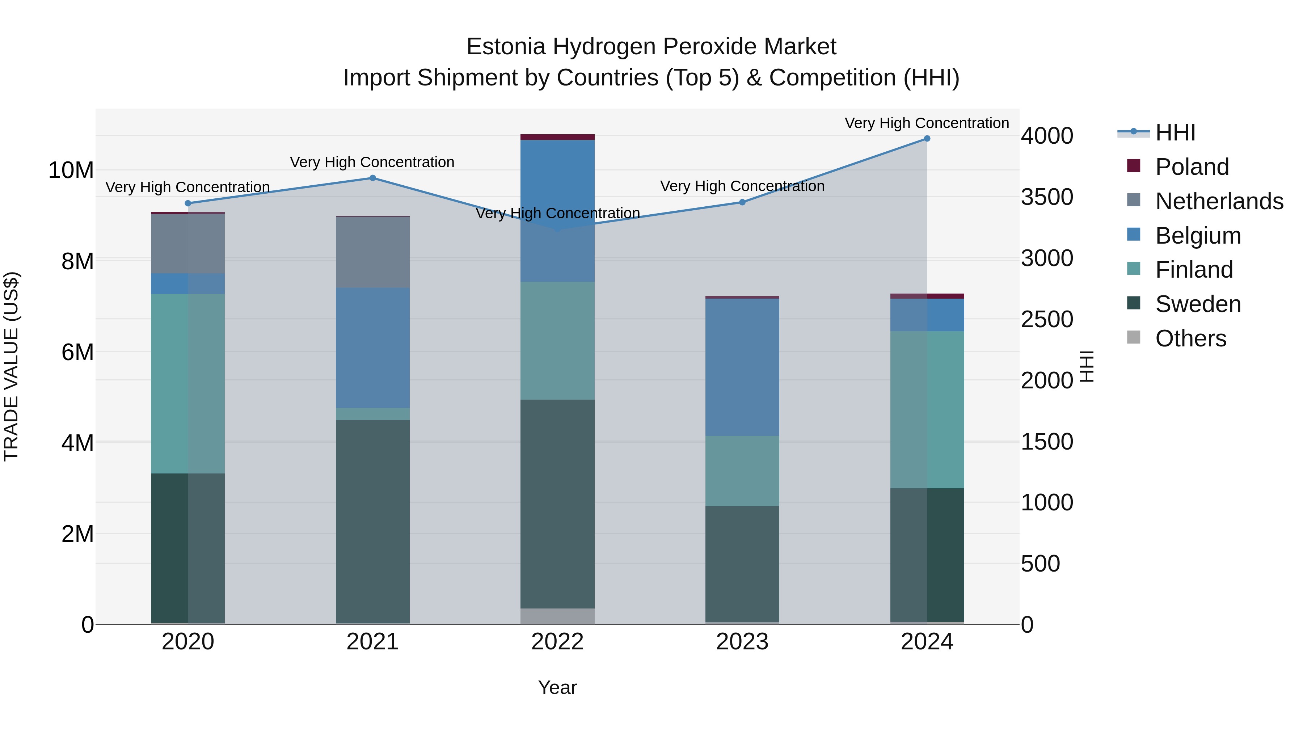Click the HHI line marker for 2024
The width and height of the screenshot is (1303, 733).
pyautogui.click(x=927, y=139)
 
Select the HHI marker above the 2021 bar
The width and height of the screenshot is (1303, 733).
pyautogui.click(x=372, y=178)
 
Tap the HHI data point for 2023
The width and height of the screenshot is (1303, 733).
pyautogui.click(x=742, y=202)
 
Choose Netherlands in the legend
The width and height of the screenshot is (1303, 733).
pyautogui.click(x=1219, y=201)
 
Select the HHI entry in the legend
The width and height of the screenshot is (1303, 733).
pyautogui.click(x=1175, y=132)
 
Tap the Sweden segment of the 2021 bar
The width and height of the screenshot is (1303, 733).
pyautogui.click(x=372, y=521)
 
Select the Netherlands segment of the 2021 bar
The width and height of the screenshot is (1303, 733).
pyautogui.click(x=372, y=252)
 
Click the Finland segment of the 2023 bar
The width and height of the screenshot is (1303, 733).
pyautogui.click(x=742, y=471)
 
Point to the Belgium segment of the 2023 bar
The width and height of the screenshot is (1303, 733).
pyautogui.click(x=742, y=367)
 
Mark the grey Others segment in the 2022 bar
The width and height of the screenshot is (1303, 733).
pyautogui.click(x=557, y=616)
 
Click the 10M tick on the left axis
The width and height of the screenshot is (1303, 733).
pyautogui.click(x=71, y=170)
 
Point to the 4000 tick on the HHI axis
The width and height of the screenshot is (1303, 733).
pyautogui.click(x=1046, y=136)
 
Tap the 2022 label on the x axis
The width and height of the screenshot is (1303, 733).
pyautogui.click(x=557, y=642)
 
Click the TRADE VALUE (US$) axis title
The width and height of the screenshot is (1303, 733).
pyautogui.click(x=11, y=366)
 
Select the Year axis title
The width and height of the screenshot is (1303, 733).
pyautogui.click(x=557, y=687)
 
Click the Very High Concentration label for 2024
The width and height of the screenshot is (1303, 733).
pyautogui.click(x=927, y=123)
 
